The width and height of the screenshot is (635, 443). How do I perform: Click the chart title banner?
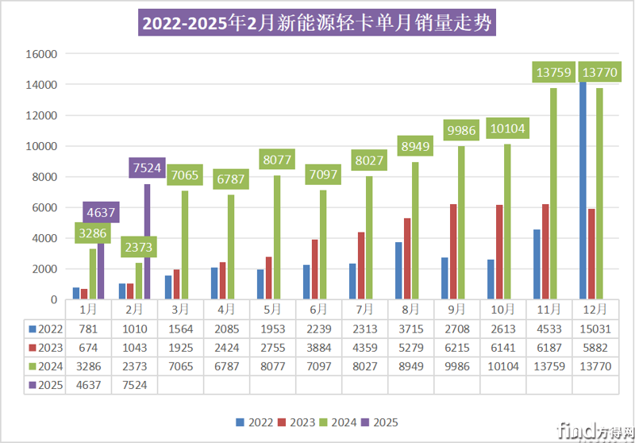tap(317, 21)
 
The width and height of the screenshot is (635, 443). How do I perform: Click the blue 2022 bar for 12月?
tap(583, 191)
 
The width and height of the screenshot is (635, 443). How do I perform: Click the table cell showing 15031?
tap(595, 329)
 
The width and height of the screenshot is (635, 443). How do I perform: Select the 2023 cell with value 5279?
tap(411, 348)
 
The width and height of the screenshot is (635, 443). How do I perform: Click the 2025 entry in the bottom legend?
tap(380, 422)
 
